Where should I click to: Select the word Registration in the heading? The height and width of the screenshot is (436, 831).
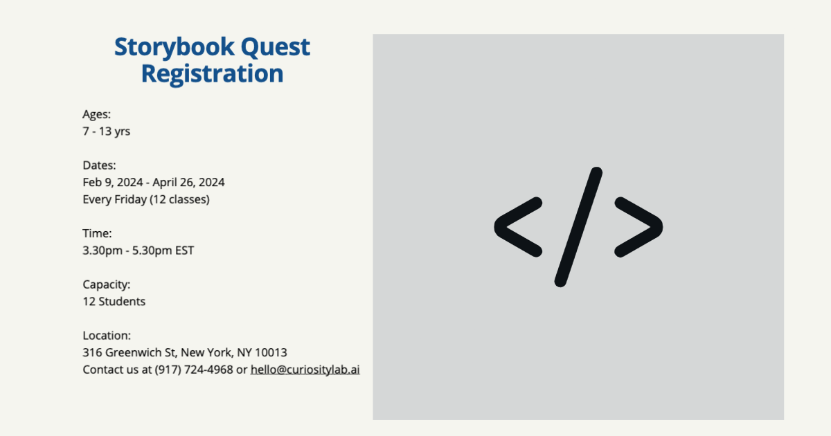212,73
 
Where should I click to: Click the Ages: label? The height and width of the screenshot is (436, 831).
96,114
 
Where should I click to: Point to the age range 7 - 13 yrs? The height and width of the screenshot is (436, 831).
106,131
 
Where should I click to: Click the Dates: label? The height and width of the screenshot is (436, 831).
99,165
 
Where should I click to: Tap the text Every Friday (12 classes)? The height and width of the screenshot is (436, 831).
145,199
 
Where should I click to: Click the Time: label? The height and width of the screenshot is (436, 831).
97,233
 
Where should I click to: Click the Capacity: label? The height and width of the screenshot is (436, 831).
107,284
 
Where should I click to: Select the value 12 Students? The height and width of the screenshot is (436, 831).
114,302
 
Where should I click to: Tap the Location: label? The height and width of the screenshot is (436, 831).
107,336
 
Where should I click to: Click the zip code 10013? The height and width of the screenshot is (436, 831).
271,352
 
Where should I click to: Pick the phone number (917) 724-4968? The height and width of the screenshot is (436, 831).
194,370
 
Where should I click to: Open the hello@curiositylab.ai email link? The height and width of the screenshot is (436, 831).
305,370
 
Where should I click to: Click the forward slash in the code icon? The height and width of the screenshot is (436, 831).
578,226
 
